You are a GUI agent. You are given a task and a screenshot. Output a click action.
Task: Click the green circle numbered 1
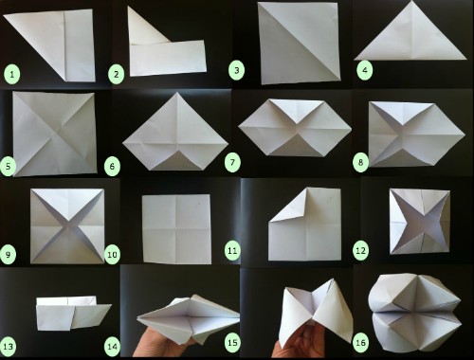12,75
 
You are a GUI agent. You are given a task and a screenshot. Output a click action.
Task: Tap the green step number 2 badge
116,75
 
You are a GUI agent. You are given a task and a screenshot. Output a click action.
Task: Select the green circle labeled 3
236,70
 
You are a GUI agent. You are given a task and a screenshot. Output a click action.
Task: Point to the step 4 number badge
365,70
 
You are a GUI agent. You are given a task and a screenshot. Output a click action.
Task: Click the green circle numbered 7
232,163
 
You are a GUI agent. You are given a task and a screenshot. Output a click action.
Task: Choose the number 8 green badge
360,163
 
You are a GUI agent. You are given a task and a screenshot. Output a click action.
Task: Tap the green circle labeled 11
232,251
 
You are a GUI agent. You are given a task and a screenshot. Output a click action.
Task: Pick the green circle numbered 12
360,251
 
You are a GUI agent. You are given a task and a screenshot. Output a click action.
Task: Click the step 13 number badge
9,347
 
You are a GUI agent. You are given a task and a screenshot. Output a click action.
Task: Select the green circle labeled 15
232,342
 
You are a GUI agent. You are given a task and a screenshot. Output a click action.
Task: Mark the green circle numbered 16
360,342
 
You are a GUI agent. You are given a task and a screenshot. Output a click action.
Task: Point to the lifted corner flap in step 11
292,206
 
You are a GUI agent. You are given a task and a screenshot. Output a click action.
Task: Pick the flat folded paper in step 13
73,314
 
